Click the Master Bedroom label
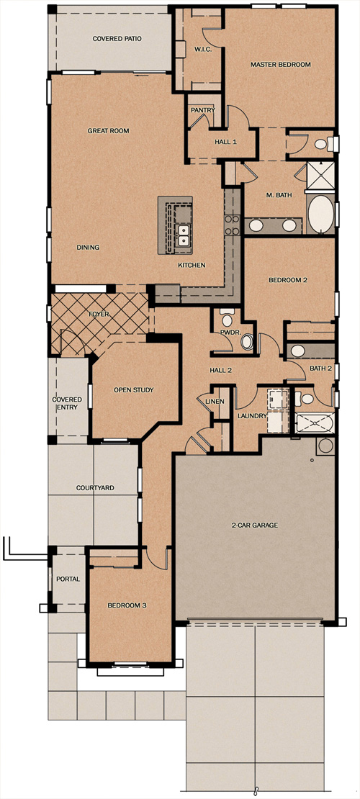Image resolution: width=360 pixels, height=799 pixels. (281, 65)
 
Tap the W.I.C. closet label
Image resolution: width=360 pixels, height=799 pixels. (199, 50)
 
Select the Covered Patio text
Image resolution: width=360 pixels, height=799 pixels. (117, 39)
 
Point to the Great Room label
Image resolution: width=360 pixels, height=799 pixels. (108, 131)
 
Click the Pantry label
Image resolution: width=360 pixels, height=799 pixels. (203, 110)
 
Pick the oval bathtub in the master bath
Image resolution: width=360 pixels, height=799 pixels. (320, 213)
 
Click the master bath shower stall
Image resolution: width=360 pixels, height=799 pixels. (320, 176)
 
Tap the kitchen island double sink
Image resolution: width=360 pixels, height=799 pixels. (183, 235)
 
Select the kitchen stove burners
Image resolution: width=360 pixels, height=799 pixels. (232, 225)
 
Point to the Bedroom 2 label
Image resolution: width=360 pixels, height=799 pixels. (287, 280)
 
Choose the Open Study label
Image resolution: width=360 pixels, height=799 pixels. (133, 390)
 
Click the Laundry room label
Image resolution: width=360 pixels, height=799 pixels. (252, 416)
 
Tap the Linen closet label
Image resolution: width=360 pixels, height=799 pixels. (215, 402)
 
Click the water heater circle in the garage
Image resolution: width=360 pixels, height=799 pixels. (325, 446)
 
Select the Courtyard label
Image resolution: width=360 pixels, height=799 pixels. (95, 487)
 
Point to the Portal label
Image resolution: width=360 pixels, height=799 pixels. (68, 579)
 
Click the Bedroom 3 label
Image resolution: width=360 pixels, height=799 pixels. (127, 605)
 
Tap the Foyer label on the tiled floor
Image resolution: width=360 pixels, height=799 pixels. (99, 315)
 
